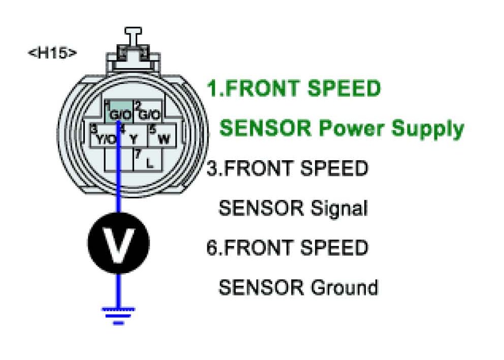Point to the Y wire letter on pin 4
point(133,138)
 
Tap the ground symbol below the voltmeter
point(118,315)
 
